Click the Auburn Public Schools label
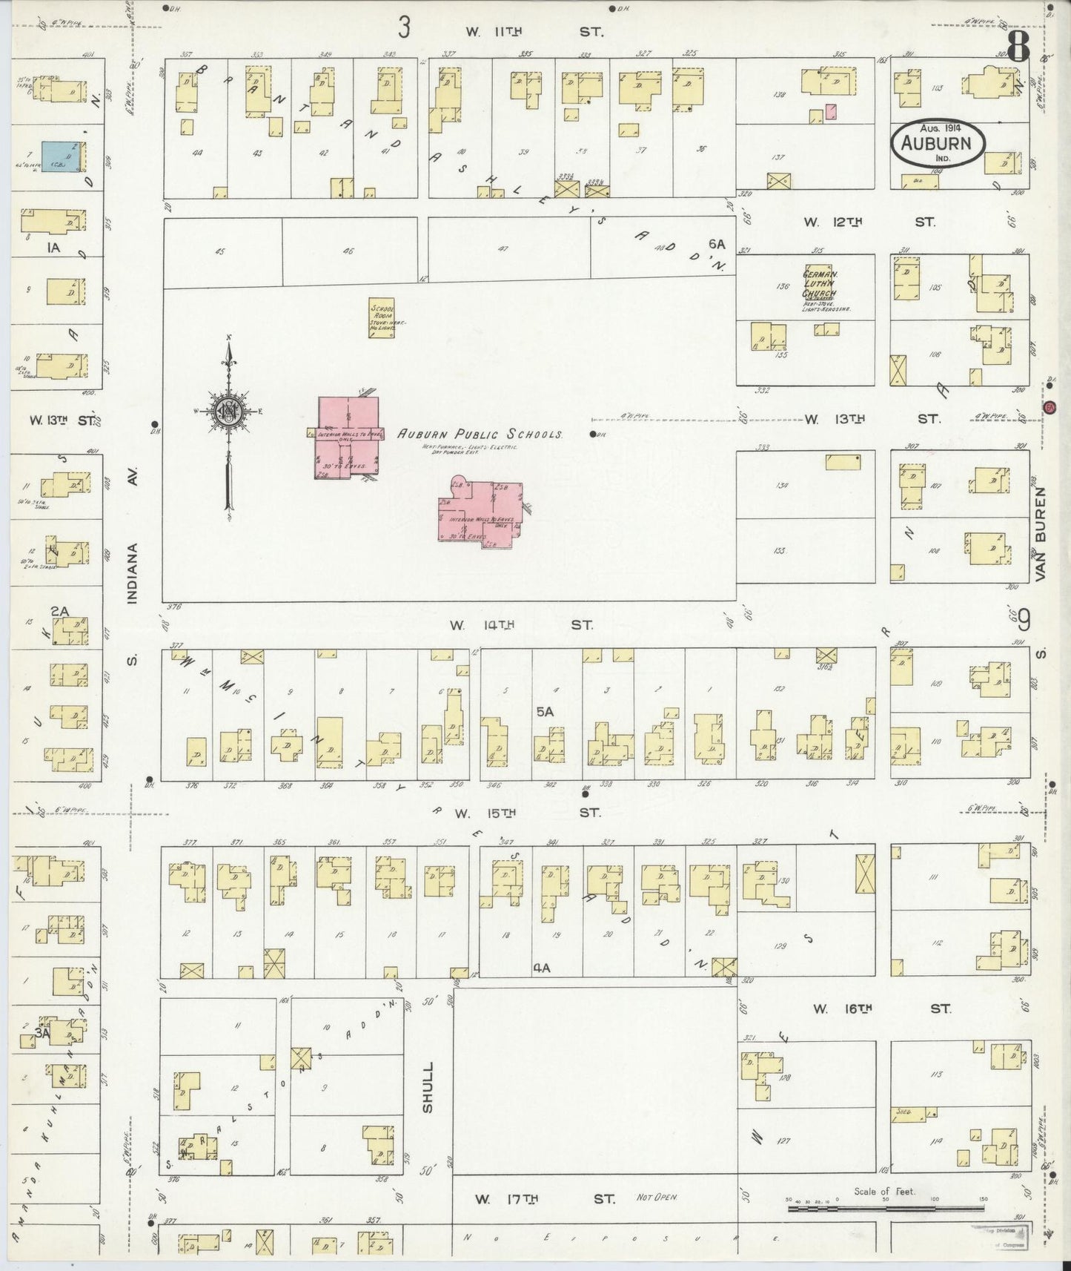pos(480,435)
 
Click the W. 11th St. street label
pos(534,31)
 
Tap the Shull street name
pos(427,1087)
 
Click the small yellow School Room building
pos(382,319)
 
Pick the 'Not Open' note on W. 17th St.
pos(656,1198)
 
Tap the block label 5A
pos(545,711)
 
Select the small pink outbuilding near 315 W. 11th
pos(831,112)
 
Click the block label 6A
pos(716,243)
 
